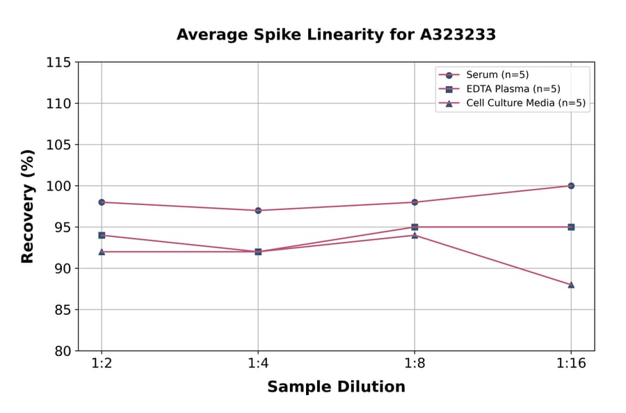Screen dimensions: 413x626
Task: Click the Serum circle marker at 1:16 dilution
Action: (571, 186)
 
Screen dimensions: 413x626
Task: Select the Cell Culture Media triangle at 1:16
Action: (571, 284)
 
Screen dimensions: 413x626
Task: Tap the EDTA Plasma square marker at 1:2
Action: (102, 235)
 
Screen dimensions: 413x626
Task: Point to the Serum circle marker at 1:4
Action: (258, 210)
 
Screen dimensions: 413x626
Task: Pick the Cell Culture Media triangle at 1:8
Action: (415, 235)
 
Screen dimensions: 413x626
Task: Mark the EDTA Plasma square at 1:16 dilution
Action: (571, 227)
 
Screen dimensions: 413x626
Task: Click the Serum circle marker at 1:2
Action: (102, 202)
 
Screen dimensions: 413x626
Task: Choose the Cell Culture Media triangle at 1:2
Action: (102, 252)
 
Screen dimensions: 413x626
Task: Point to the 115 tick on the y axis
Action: (58, 63)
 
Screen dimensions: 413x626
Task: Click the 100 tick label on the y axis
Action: (58, 186)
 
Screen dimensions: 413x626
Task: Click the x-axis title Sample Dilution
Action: (336, 387)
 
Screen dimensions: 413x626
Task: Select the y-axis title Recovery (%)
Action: (28, 206)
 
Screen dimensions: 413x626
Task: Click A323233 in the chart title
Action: (456, 35)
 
